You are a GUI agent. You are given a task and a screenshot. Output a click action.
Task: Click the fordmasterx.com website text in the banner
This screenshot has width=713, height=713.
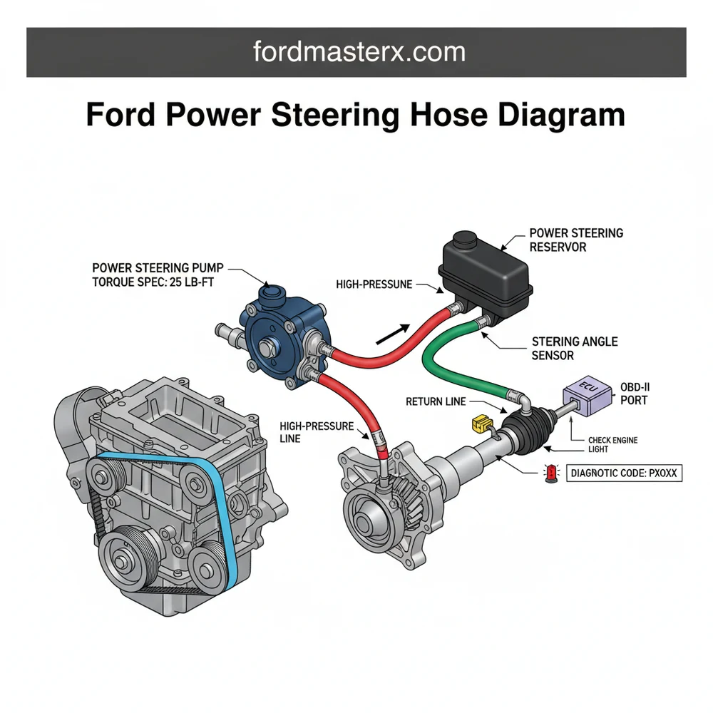[x=359, y=51]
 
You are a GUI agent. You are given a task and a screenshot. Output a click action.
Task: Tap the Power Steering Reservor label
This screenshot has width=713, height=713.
[x=576, y=240]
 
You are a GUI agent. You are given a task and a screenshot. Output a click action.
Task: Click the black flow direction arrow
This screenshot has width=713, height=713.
[x=393, y=334]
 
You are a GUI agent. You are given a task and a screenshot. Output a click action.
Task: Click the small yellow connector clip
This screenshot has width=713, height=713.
[x=480, y=425]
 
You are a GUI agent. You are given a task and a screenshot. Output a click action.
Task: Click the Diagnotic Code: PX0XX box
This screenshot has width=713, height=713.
[x=624, y=472]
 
